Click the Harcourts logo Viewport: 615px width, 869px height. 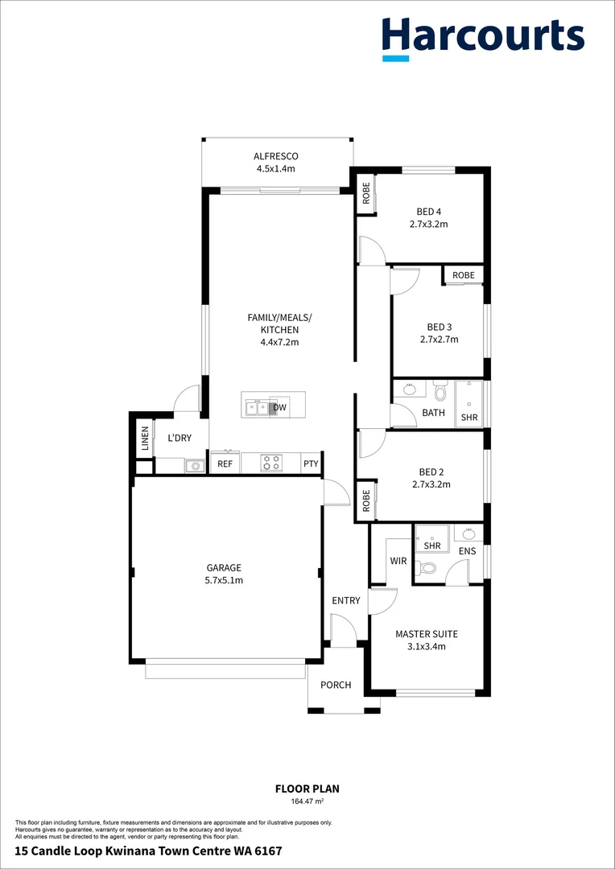[482, 37]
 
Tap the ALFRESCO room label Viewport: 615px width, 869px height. [276, 156]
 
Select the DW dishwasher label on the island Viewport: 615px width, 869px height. [279, 408]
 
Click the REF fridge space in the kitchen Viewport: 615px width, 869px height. [225, 464]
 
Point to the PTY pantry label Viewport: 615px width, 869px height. [311, 464]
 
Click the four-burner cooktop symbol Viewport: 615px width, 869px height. [271, 463]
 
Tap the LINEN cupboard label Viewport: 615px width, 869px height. [145, 439]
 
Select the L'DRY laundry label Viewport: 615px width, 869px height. [179, 439]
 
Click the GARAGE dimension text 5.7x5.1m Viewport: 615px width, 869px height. [225, 580]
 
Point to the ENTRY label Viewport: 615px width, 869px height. [346, 601]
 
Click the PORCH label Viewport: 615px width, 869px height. [336, 686]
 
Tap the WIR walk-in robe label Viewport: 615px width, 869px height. [398, 560]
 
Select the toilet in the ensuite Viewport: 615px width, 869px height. [429, 568]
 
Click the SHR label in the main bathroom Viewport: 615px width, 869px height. [468, 418]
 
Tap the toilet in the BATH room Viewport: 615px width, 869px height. [440, 392]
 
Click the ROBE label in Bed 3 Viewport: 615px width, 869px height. [464, 275]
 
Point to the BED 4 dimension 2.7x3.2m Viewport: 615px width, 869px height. [428, 224]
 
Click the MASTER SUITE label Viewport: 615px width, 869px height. [427, 634]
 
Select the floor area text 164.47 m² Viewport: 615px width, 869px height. [307, 801]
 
